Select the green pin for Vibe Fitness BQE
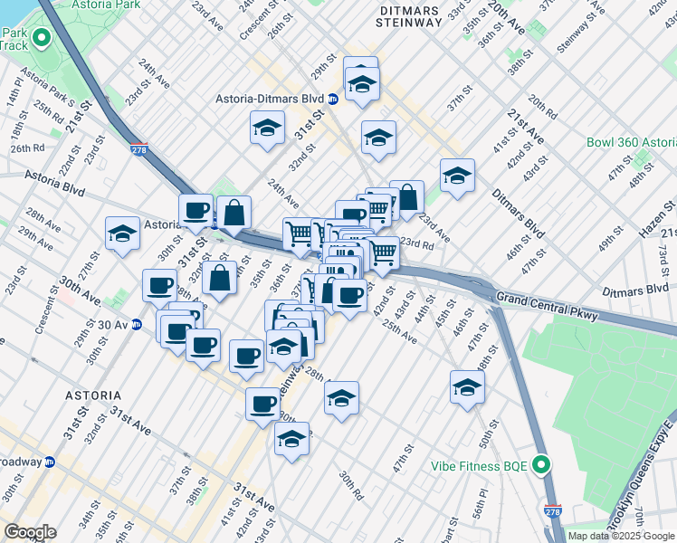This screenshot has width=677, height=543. (541, 466)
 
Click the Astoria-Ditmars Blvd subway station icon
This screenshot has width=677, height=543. (332, 99)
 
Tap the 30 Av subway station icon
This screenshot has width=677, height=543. (137, 325)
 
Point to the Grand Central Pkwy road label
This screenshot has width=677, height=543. (550, 297)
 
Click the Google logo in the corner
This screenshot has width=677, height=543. (29, 532)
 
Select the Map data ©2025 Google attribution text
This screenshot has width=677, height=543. (620, 536)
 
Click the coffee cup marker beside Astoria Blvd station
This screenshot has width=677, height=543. (195, 211)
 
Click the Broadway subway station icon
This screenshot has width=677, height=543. (50, 462)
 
